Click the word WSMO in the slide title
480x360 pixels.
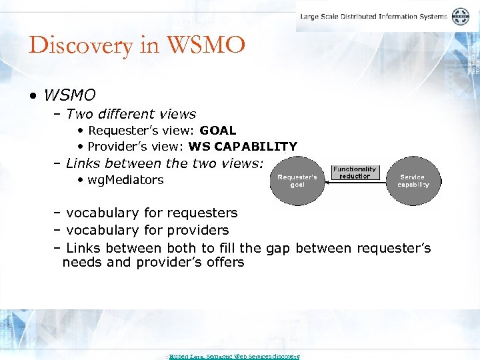point(207,46)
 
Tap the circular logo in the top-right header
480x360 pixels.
point(461,17)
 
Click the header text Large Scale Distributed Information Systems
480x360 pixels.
point(374,17)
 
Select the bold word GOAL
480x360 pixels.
point(217,131)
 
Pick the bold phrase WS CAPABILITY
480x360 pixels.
point(243,147)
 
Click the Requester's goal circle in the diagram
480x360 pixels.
point(297,181)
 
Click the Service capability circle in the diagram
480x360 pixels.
point(413,181)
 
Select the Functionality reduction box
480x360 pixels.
point(355,173)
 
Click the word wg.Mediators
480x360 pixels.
point(125,180)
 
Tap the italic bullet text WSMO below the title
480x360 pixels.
point(70,95)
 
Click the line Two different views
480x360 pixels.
point(131,114)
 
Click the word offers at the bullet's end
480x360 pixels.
point(225,262)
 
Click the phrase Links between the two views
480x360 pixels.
point(164,163)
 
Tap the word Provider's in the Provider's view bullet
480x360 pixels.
point(112,147)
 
